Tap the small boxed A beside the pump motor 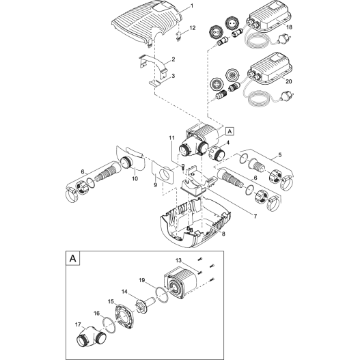pyautogui.click(x=229, y=130)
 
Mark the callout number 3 pyautogui.click(x=173, y=77)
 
